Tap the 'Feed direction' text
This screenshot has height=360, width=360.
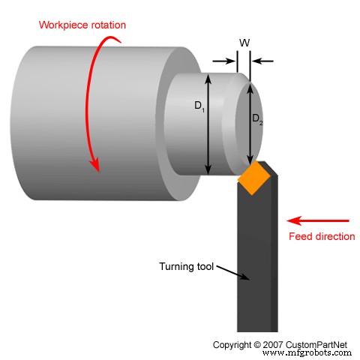pyautogui.click(x=322, y=236)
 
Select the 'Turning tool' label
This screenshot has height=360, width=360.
pyautogui.click(x=186, y=265)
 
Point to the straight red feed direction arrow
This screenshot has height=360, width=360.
pyautogui.click(x=319, y=220)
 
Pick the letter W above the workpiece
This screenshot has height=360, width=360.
pyautogui.click(x=244, y=43)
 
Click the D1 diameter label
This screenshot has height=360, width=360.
pyautogui.click(x=199, y=106)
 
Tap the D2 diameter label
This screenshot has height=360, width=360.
pyautogui.click(x=256, y=118)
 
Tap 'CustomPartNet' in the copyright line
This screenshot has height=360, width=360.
pyautogui.click(x=322, y=344)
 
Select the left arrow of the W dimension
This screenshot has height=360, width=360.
pyautogui.click(x=223, y=60)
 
